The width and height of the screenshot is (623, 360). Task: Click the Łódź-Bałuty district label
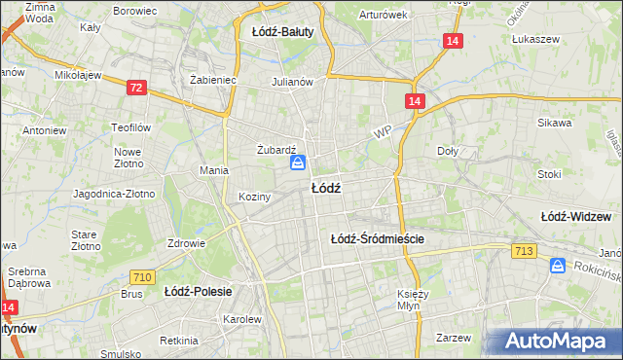(x=282, y=32)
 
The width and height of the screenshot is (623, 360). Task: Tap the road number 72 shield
(x=136, y=89)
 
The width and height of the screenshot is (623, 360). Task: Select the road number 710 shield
(x=142, y=278)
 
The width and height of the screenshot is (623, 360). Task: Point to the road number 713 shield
(x=524, y=252)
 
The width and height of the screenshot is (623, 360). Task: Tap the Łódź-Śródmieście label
(x=379, y=238)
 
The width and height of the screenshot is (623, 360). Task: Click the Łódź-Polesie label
(x=196, y=291)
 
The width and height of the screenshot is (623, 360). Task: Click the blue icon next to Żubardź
(x=299, y=163)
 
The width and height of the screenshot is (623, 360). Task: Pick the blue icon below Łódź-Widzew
(x=559, y=265)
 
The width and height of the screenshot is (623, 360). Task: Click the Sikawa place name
(x=553, y=124)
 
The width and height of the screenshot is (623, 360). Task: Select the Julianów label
(x=292, y=82)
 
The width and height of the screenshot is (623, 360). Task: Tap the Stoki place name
(x=549, y=174)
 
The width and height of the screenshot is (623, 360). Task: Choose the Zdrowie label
(x=186, y=243)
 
